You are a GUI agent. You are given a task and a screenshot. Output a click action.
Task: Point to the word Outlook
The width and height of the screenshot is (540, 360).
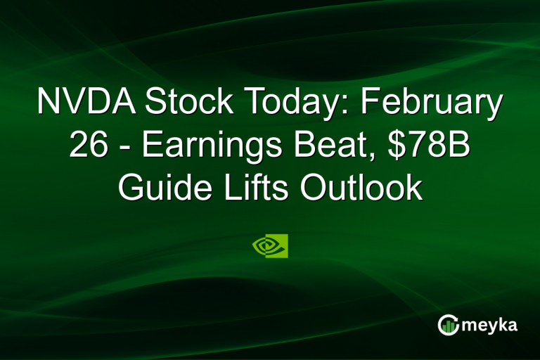[x=367, y=189]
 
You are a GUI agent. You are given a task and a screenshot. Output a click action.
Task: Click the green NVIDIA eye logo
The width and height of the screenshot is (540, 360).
[x=270, y=246]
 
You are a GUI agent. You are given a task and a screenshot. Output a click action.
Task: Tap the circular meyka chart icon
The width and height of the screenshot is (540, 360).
[x=448, y=324]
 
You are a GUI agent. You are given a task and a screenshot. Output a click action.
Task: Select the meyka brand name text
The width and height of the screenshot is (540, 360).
[x=491, y=325]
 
